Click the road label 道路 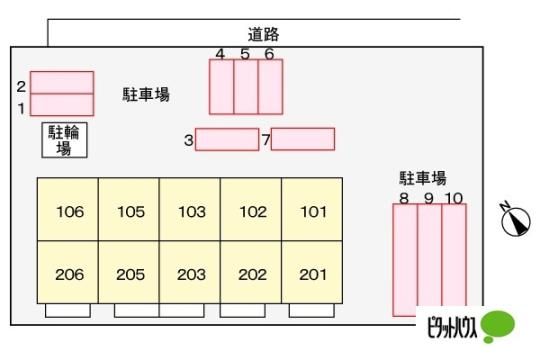pyautogui.click(x=263, y=34)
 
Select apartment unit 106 pyautogui.click(x=68, y=209)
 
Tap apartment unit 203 pyautogui.click(x=190, y=272)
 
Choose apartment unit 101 pyautogui.click(x=312, y=209)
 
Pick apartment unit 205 pyautogui.click(x=129, y=272)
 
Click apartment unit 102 pyautogui.click(x=251, y=209)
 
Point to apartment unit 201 pyautogui.click(x=312, y=272)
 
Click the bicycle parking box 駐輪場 pyautogui.click(x=64, y=140)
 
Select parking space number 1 pyautogui.click(x=62, y=105)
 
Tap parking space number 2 pyautogui.click(x=62, y=82)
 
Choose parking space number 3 pyautogui.click(x=227, y=140)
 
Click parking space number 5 pyautogui.click(x=246, y=87)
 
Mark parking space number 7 pyautogui.click(x=303, y=139)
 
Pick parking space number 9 pyautogui.click(x=429, y=260)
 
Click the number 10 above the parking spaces pyautogui.click(x=454, y=198)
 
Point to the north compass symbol pyautogui.click(x=516, y=219)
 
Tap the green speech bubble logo pyautogui.click(x=497, y=326)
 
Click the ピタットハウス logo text pyautogui.click(x=452, y=327)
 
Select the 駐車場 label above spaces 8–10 pyautogui.click(x=423, y=178)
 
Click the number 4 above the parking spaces pyautogui.click(x=220, y=54)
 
